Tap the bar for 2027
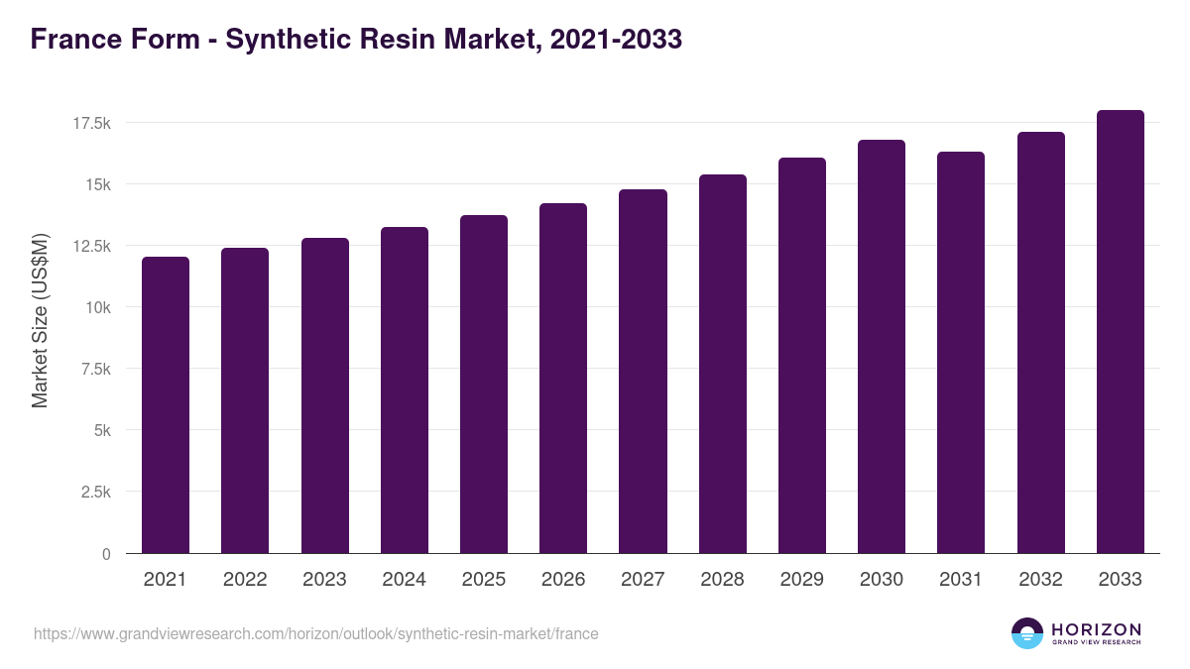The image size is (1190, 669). click(643, 371)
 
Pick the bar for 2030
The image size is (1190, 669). click(882, 346)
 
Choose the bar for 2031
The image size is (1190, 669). click(961, 352)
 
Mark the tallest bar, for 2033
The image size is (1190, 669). click(1121, 331)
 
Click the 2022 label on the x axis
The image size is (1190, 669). click(245, 580)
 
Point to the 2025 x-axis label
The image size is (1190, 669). click(484, 580)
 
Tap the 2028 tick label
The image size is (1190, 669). click(722, 580)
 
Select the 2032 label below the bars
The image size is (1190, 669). click(1040, 580)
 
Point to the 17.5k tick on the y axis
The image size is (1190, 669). click(90, 123)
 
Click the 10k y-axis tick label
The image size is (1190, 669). click(97, 307)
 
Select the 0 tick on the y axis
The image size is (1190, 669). click(105, 554)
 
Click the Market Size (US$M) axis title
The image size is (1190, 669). click(40, 320)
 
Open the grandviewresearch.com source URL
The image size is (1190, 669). click(316, 633)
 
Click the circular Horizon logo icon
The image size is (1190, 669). click(1027, 633)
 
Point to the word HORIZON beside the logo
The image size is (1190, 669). click(1097, 629)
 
